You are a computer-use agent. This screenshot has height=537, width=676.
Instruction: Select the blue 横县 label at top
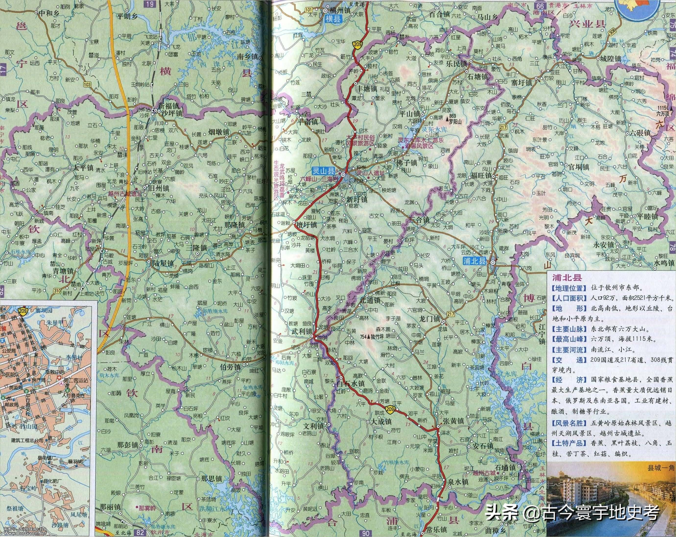coord(333,19)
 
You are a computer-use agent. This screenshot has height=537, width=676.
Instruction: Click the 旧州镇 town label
coord(158,189)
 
